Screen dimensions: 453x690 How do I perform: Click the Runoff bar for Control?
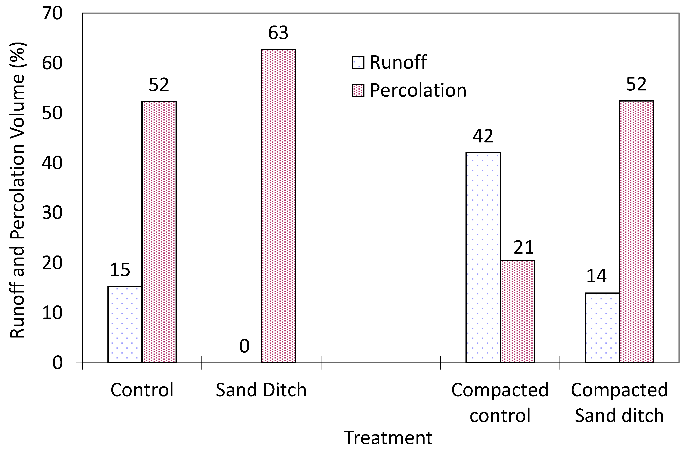(x=125, y=324)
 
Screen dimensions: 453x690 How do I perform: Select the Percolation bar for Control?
(x=159, y=232)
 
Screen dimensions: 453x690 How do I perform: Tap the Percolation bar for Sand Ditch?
(x=278, y=206)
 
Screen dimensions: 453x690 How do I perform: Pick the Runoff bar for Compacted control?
(x=483, y=258)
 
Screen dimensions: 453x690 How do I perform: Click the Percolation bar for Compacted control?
(x=517, y=311)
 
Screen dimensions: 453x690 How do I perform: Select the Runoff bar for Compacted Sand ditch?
(x=602, y=328)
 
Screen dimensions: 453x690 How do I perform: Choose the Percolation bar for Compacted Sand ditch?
(x=636, y=232)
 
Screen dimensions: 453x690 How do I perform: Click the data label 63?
(x=278, y=33)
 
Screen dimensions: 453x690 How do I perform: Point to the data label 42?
(x=483, y=136)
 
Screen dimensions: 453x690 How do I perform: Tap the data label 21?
(x=524, y=247)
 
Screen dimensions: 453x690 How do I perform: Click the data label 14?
(x=596, y=276)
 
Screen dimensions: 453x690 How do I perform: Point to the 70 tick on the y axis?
(x=52, y=13)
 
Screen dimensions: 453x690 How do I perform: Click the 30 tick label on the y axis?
(x=52, y=213)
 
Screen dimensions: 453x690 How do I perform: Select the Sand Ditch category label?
(x=261, y=390)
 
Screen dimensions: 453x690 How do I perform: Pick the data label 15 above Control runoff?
(x=120, y=270)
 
